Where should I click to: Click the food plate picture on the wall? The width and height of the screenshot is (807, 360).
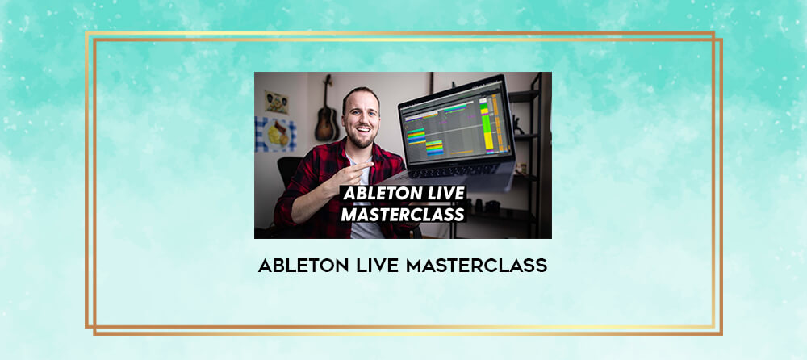click(276, 135)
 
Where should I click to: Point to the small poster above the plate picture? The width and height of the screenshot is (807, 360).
click(276, 102)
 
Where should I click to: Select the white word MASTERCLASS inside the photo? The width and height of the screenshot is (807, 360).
click(403, 214)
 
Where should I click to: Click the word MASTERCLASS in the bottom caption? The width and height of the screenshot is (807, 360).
click(476, 266)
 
